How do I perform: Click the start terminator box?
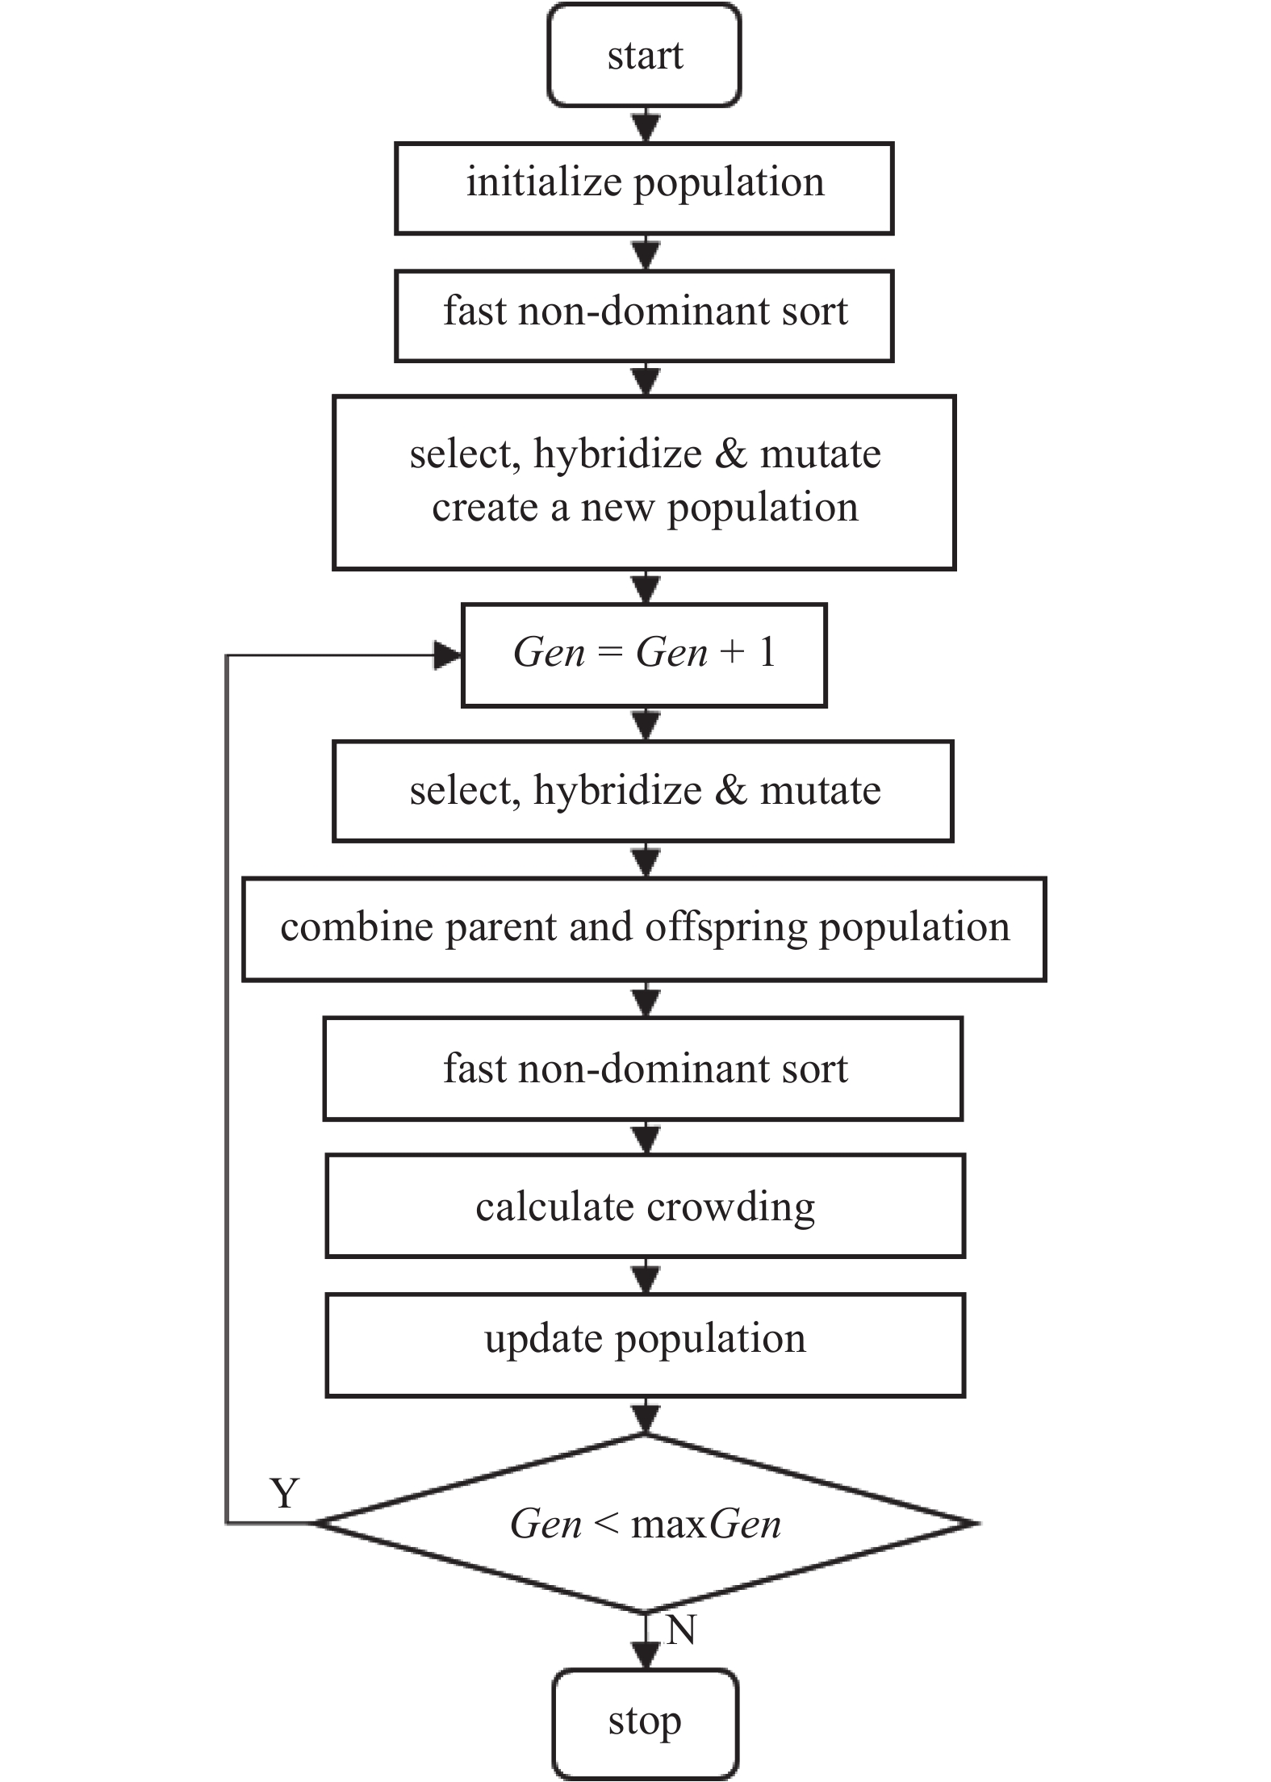[x=644, y=55]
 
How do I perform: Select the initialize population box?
[x=644, y=189]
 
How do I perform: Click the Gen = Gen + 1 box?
[x=644, y=655]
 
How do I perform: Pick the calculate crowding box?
[x=645, y=1206]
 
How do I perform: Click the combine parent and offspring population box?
[x=644, y=929]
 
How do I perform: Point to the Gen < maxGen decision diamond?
[x=646, y=1523]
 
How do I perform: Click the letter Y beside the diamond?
[x=285, y=1493]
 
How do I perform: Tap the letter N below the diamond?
[x=681, y=1630]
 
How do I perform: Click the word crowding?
[x=730, y=1208]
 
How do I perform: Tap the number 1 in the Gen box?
[x=767, y=652]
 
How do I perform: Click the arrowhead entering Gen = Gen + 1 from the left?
[x=448, y=655]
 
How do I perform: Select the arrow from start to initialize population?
[x=646, y=125]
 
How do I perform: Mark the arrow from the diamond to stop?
[x=646, y=1642]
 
